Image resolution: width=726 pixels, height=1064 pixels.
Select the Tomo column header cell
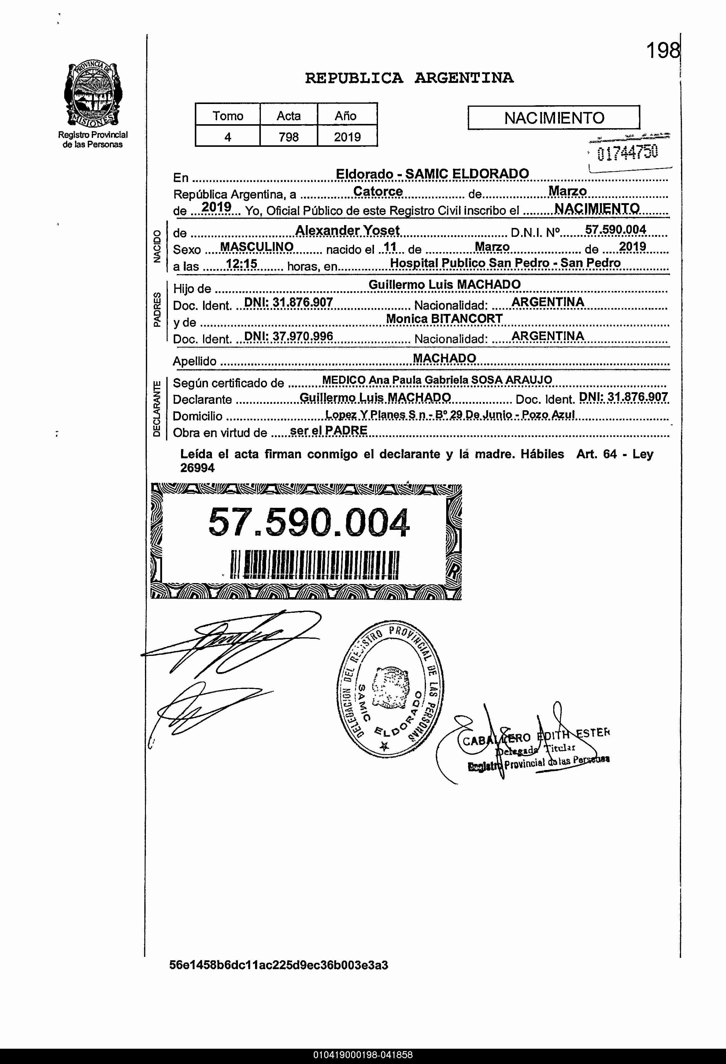228,115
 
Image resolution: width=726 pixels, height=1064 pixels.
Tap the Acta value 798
288,136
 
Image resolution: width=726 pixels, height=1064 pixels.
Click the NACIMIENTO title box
554,118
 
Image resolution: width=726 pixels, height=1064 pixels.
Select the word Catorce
378,192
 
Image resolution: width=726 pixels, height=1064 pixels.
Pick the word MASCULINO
257,247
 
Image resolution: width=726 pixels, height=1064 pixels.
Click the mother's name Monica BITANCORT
444,319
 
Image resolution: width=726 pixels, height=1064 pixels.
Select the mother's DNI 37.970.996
288,337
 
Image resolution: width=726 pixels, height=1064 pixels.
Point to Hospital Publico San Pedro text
505,263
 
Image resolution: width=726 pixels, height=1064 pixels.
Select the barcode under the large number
315,564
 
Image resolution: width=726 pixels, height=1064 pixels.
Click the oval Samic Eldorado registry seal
390,689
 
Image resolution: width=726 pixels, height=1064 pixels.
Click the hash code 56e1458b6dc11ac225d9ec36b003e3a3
278,965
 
